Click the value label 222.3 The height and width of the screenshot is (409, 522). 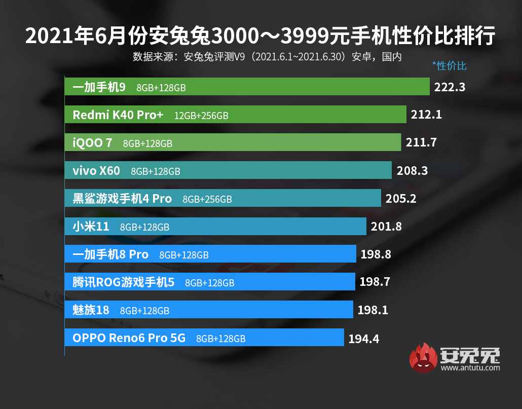450,87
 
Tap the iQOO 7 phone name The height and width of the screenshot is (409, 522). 93,143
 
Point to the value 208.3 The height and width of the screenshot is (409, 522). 412,171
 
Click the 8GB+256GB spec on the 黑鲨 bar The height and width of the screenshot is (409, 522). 207,199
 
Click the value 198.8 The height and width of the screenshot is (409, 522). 376,254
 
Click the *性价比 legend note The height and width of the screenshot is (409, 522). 449,66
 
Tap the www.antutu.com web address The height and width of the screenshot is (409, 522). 470,368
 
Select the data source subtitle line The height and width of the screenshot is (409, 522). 267,56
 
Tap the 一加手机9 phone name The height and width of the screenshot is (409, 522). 99,87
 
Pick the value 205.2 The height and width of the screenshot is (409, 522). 400,199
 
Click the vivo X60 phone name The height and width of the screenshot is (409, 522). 96,171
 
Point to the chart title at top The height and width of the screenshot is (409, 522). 260,36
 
